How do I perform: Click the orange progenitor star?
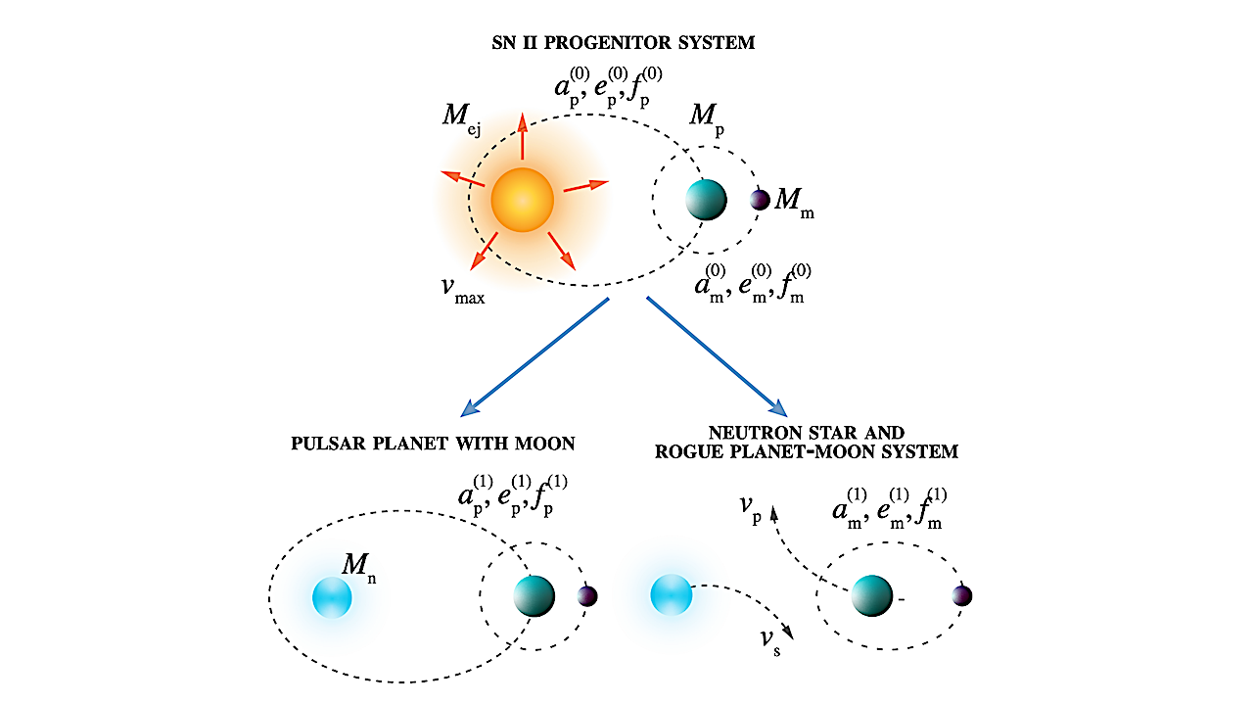tap(522, 200)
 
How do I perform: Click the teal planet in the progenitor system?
tap(706, 199)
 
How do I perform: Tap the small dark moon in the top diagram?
tap(760, 200)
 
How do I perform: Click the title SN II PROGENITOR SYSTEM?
tap(627, 44)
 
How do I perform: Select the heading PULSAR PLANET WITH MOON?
tap(433, 444)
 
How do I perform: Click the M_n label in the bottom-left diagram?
tap(358, 566)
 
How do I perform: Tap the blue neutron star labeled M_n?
tap(332, 597)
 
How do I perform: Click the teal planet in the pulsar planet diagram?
tap(534, 595)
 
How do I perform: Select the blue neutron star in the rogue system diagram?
tap(671, 595)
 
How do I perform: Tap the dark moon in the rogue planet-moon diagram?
tap(961, 595)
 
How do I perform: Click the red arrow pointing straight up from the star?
tap(523, 137)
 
